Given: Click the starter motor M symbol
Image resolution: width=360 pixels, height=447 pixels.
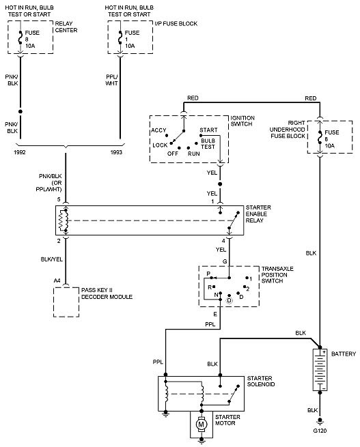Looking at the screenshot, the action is point(202,424).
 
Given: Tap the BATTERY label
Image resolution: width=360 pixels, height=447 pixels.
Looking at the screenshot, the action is point(344,354).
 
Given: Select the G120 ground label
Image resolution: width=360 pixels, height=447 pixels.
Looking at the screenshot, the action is point(320,431).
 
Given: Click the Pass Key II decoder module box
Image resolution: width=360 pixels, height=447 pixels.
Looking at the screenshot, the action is point(66,302).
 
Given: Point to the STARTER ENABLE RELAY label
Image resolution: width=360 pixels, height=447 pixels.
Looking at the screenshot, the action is point(258,214).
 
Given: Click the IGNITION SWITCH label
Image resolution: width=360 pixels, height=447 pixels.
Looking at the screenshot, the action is point(243,121).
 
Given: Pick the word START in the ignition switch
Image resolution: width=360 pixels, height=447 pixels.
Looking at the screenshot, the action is point(208,130).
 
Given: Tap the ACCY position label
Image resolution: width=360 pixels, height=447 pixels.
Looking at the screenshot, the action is point(158,130).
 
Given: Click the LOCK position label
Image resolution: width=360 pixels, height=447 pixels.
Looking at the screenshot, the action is point(160,145).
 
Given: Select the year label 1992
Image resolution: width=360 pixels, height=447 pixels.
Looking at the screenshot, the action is point(20,152).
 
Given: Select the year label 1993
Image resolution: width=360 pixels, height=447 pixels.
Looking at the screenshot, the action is point(116,152).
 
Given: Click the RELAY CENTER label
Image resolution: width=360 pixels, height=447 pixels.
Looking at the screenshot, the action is point(66,27).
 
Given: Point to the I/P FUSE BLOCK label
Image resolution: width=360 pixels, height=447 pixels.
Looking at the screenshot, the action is point(176,24).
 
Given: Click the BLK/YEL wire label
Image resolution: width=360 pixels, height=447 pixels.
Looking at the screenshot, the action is point(52,259).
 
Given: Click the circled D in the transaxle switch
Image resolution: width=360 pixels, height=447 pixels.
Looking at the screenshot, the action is point(230,300).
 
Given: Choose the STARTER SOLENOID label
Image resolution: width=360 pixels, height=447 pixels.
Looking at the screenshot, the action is point(261,381).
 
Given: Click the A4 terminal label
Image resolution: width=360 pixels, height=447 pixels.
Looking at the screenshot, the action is point(57,280).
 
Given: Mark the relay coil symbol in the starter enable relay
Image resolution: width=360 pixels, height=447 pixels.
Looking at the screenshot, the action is point(64,220).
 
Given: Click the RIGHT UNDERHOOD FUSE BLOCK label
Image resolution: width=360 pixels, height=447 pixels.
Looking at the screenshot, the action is point(288,130).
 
